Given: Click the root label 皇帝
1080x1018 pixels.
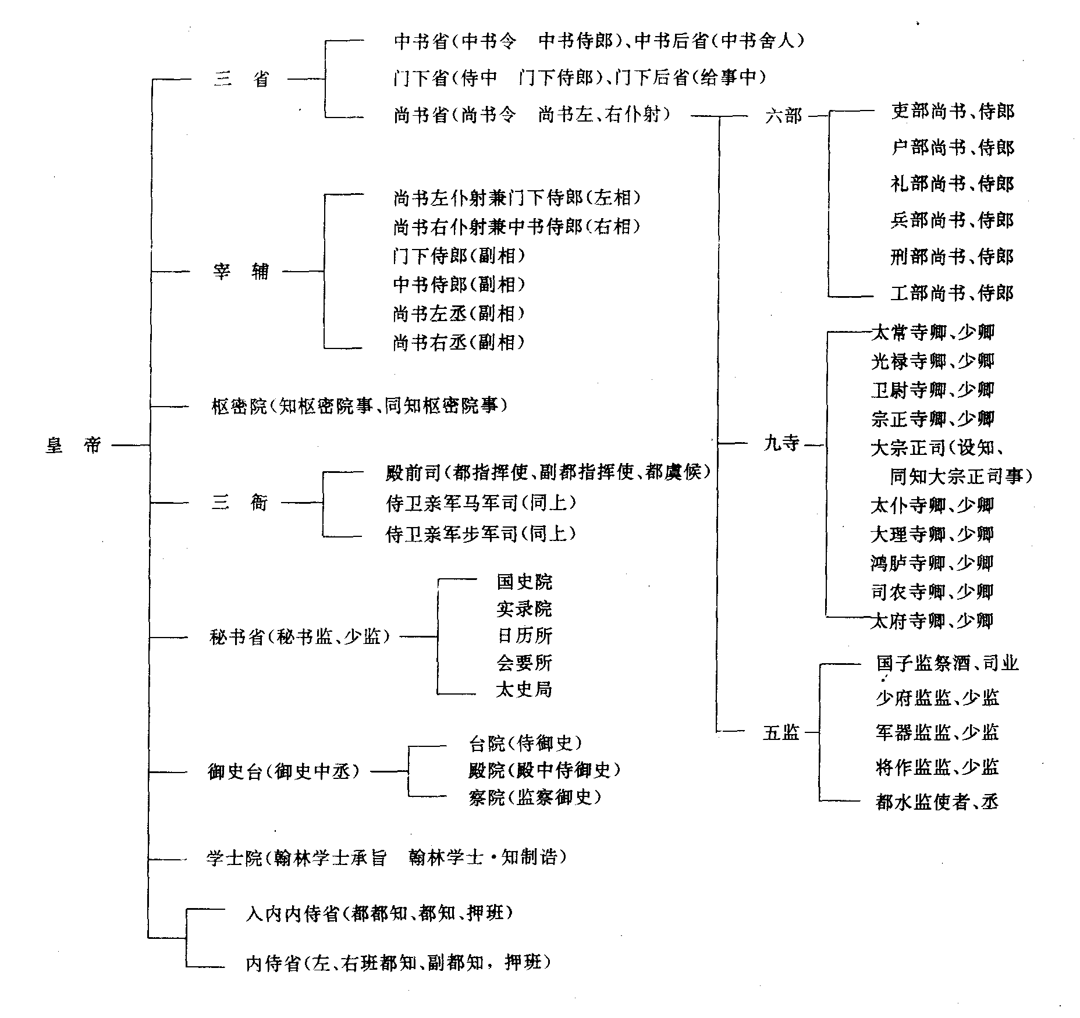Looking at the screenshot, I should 73,446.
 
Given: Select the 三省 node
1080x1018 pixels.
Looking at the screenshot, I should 241,79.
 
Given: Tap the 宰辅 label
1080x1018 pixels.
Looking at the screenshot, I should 241,271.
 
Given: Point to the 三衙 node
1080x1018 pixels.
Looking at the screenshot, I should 239,503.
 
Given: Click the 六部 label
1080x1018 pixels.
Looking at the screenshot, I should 783,116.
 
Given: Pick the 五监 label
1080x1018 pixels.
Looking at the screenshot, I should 781,732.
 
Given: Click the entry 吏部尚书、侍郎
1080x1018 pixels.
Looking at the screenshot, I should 952,111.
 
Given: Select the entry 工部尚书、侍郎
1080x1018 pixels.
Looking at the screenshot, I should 952,293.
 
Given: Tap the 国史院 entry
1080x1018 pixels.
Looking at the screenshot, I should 524,581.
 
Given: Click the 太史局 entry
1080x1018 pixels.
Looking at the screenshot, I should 524,689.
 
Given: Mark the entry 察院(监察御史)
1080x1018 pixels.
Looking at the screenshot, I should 534,797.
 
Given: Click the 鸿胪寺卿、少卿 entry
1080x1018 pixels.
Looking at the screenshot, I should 932,563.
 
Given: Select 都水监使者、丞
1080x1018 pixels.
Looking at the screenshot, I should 937,802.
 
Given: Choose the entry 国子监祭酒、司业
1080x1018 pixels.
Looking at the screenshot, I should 947,663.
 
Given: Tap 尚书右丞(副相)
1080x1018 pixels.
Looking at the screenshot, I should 459,342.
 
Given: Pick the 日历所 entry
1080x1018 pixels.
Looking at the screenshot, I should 524,635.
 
